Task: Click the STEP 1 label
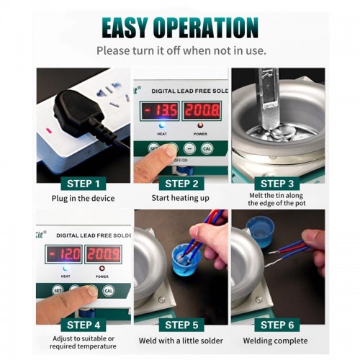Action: coord(84,184)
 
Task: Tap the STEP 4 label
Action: coord(84,325)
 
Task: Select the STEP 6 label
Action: coord(277,325)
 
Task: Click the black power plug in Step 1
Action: coord(79,114)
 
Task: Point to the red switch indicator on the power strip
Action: coord(49,130)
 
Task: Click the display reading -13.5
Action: coord(160,111)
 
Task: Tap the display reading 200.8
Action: coord(202,111)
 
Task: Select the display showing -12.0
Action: coord(63,254)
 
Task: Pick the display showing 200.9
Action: coord(104,254)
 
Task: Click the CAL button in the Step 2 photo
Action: coord(207,149)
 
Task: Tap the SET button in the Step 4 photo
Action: coord(58,291)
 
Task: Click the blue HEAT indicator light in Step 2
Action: coord(162,125)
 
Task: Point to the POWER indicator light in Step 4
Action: coord(102,269)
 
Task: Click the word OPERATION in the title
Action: coord(205,27)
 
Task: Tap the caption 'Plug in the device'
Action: coord(83,199)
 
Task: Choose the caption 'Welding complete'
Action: coord(275,341)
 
